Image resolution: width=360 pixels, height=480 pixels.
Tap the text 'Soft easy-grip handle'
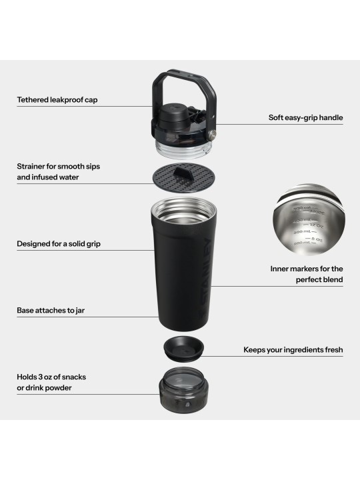[305, 118]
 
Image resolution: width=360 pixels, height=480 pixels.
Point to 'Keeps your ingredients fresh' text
[293, 349]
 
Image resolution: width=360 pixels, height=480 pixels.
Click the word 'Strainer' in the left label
[32, 165]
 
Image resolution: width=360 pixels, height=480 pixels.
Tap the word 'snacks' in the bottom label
[72, 377]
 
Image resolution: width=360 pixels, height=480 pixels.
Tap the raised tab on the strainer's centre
[179, 171]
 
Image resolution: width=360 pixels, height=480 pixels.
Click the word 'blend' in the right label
[331, 280]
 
